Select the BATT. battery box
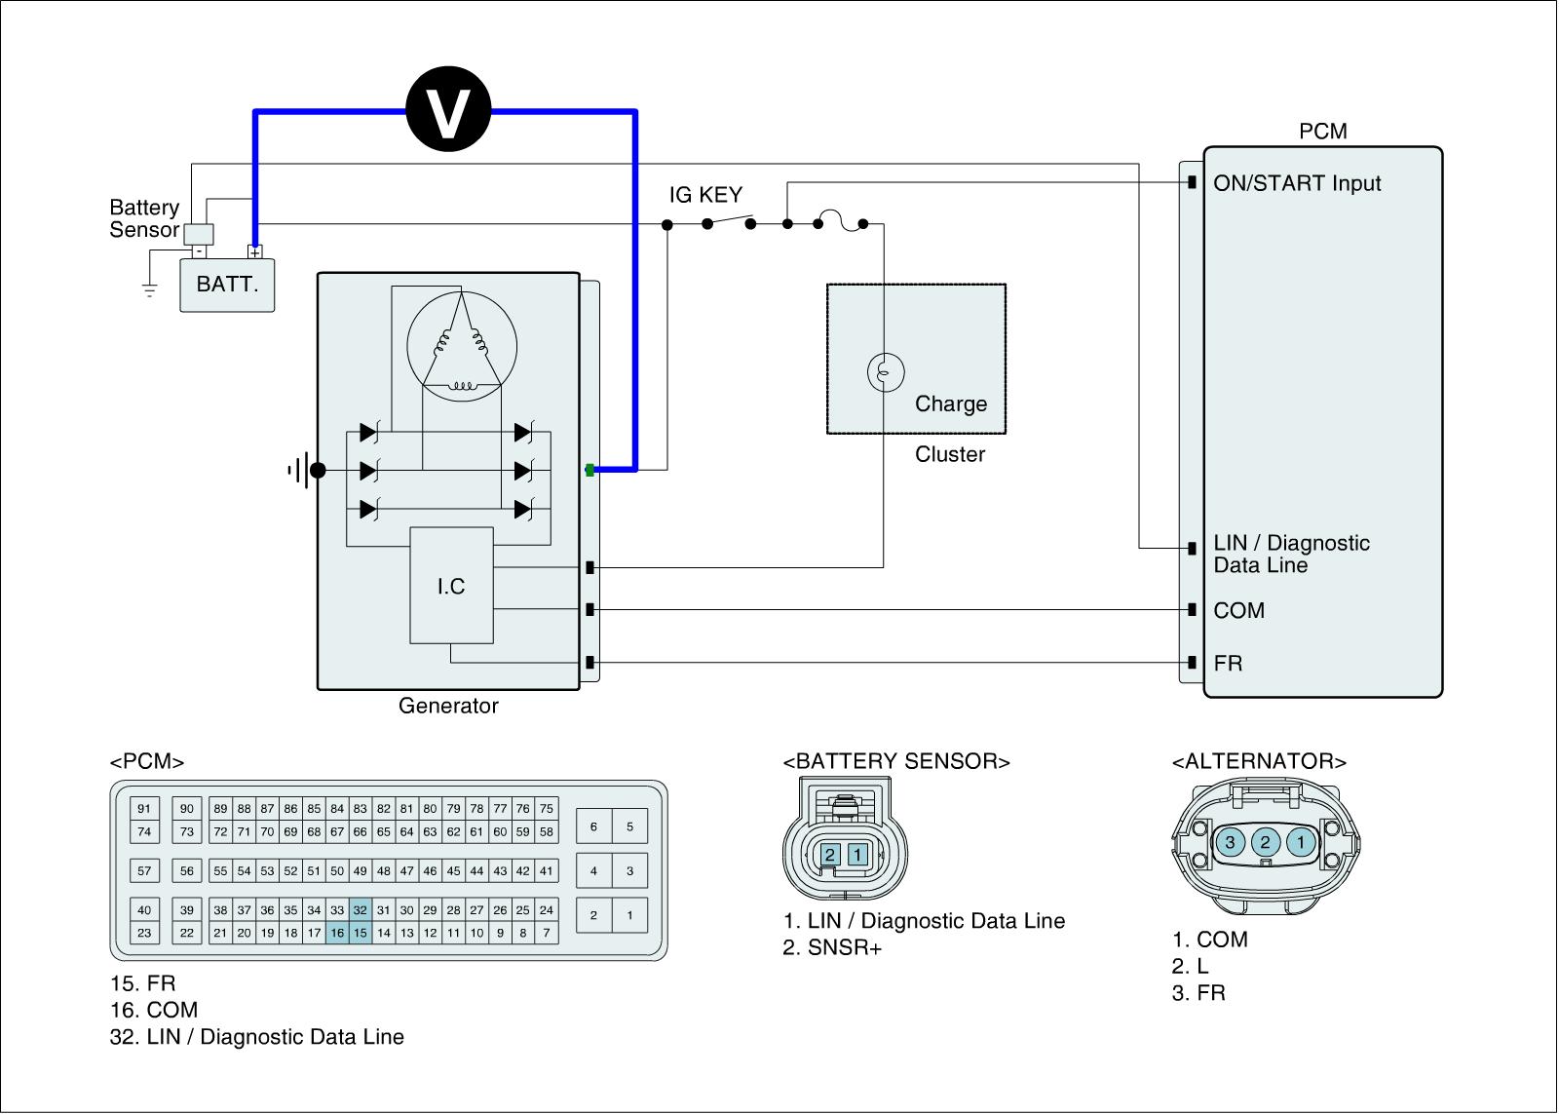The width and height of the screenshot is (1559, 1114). (227, 285)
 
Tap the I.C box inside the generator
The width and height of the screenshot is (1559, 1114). (451, 586)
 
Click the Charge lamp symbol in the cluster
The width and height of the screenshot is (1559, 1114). (885, 371)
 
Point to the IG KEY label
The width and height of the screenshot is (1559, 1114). (705, 195)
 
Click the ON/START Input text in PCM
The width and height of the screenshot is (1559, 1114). (1297, 183)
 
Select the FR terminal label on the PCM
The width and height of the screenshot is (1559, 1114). (1228, 664)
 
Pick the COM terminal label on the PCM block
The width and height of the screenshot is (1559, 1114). (1238, 611)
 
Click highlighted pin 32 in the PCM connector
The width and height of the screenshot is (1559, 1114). (361, 910)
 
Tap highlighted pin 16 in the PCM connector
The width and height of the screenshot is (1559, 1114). (337, 933)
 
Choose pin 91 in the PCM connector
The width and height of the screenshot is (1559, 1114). (144, 809)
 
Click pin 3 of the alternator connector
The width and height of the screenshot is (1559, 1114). (1231, 842)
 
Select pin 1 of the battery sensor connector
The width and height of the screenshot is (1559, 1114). (857, 855)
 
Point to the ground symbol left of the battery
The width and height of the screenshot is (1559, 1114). (149, 289)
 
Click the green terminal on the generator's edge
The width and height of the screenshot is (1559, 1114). (589, 470)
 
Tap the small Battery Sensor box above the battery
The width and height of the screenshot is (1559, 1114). (199, 234)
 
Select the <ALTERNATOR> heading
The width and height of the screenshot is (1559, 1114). (1259, 761)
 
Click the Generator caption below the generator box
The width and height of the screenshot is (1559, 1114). (448, 706)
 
